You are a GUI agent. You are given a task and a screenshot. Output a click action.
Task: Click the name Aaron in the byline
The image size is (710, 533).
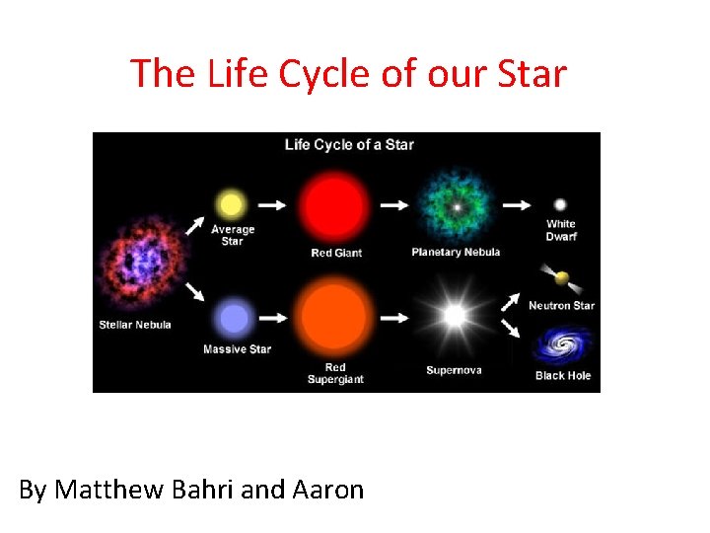[x=327, y=490]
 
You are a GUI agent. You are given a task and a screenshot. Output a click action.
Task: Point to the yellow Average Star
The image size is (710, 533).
[x=231, y=205]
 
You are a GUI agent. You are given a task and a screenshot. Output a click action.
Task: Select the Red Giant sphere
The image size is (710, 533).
[x=336, y=205]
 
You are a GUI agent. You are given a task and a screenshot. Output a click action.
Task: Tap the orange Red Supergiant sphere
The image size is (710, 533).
[x=335, y=318]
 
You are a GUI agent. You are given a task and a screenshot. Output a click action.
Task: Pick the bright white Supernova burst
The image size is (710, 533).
[x=454, y=317]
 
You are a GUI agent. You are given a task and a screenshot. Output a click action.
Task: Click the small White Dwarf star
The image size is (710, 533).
[x=560, y=204]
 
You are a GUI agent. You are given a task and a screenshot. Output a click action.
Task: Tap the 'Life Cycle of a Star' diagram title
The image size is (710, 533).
[x=349, y=145]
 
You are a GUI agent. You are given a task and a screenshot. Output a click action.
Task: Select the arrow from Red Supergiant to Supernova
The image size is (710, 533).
[x=394, y=318]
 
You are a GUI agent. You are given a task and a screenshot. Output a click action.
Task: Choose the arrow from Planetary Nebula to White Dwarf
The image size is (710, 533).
[x=516, y=205]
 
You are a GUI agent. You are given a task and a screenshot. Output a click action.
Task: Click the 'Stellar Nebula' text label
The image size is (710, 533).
[x=135, y=325]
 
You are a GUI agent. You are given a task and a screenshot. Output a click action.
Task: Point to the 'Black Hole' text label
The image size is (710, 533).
[x=562, y=375]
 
